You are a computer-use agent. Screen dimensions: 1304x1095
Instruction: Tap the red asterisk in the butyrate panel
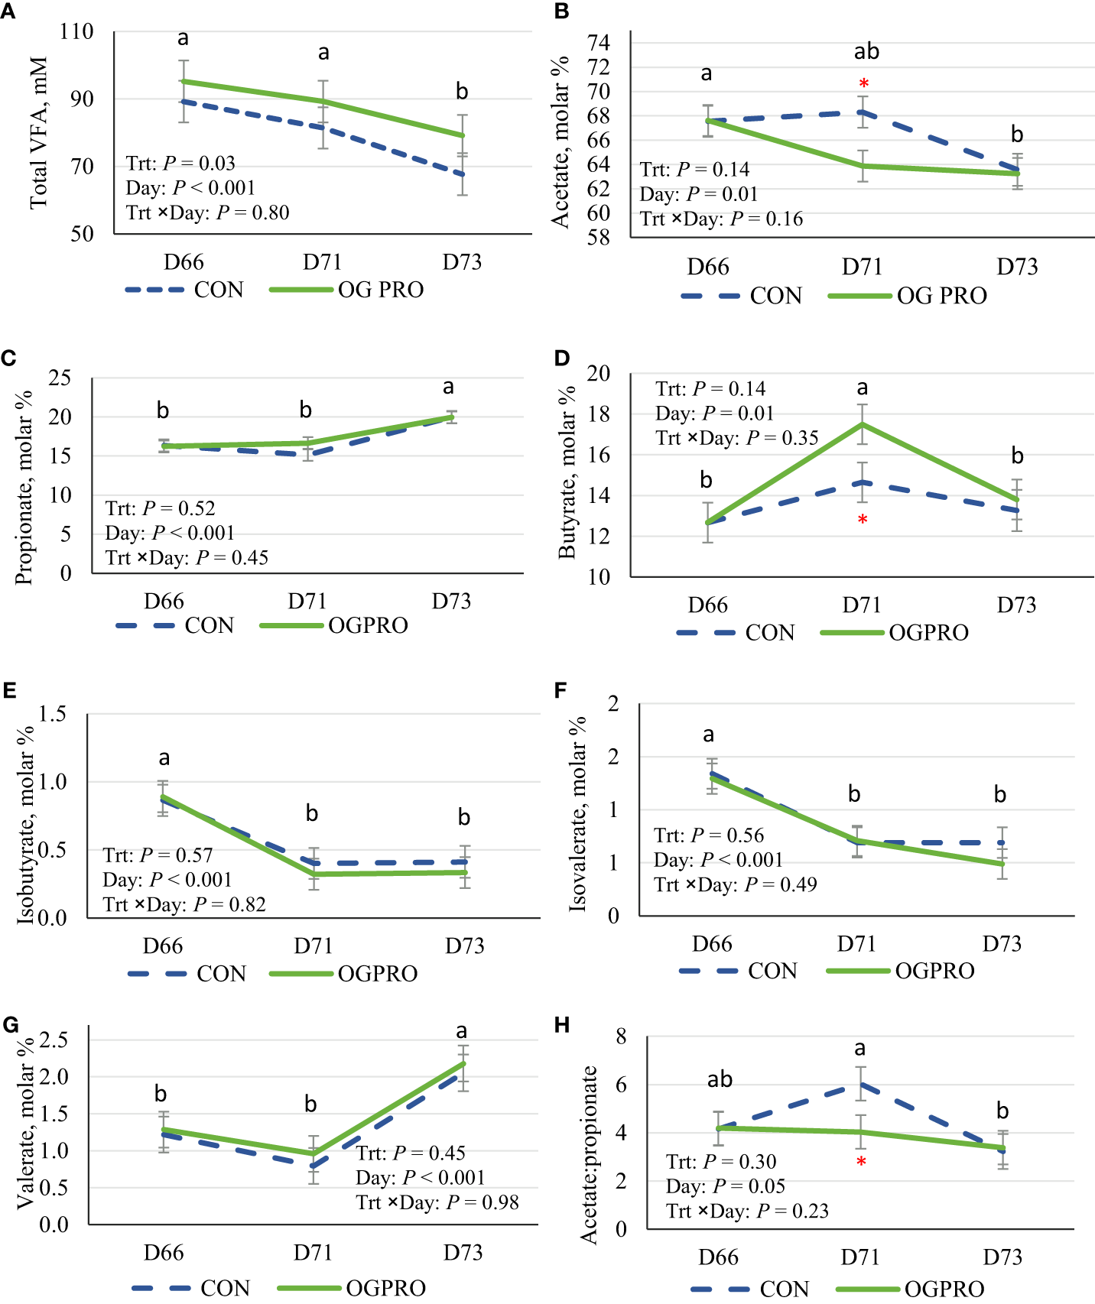pos(863,520)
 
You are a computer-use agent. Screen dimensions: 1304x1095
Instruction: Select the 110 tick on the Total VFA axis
pos(76,32)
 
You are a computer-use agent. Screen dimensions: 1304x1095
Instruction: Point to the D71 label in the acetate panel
pos(862,267)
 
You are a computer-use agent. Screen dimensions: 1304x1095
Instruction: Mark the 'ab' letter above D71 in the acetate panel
pos(866,52)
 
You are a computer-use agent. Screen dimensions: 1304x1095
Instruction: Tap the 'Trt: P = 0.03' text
pos(180,163)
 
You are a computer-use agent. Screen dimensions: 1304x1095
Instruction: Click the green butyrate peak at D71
pos(863,424)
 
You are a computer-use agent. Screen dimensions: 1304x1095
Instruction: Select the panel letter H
pos(562,1025)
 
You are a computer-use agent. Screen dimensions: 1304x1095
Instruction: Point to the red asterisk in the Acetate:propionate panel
pos(861,1162)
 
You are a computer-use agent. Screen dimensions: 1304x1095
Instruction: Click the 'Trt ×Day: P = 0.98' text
pos(437,1202)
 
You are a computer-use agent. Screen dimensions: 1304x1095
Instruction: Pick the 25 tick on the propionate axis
pos(60,378)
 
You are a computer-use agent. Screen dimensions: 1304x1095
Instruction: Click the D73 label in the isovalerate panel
pos(1002,944)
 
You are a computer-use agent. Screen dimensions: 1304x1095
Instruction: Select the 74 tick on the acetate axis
pos(599,43)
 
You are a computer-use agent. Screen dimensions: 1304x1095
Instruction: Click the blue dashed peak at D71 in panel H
pos(861,1084)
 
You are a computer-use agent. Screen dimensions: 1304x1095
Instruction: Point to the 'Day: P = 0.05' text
pos(725,1186)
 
